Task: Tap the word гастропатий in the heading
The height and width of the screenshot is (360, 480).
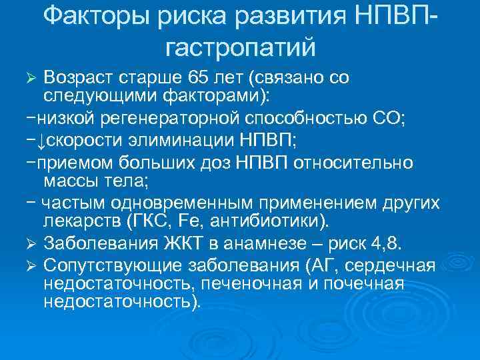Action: [x=239, y=47]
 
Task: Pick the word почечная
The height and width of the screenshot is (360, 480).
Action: [x=366, y=283]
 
